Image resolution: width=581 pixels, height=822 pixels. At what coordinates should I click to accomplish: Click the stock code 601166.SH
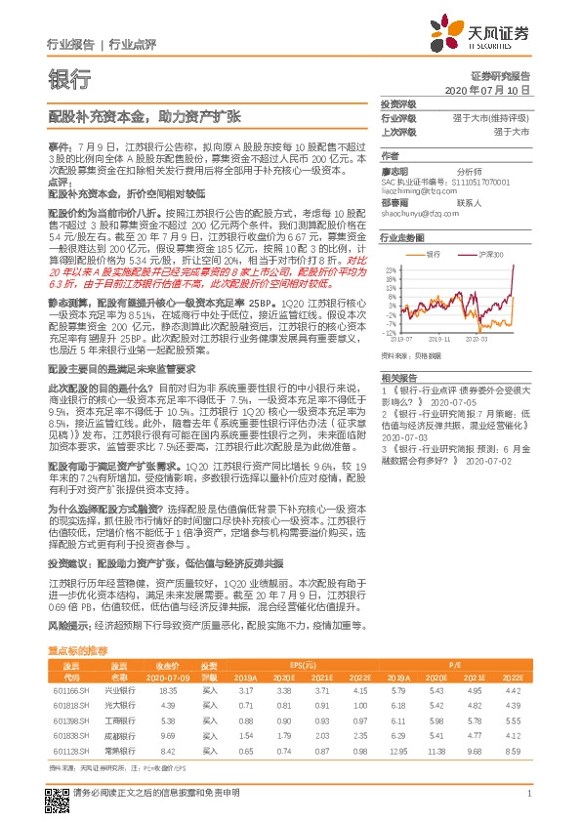coord(70,689)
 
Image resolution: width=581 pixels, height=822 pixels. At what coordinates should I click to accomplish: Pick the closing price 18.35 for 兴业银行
coord(168,689)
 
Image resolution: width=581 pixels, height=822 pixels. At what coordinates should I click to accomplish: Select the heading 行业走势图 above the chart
coord(402,237)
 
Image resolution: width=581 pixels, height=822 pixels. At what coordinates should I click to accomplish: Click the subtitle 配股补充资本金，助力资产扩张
coord(145,115)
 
